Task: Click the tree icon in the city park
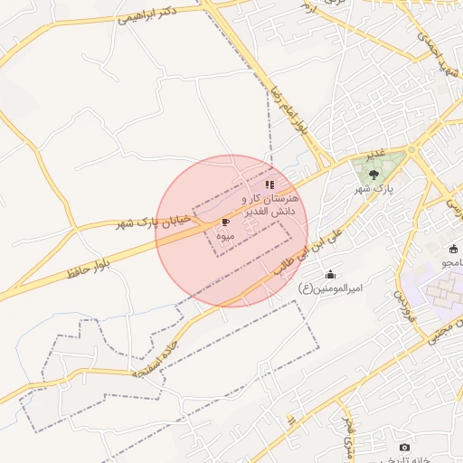pos(373,174)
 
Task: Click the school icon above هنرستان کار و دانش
pos(269,184)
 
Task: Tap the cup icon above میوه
pos(224,222)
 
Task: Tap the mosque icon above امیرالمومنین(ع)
pos(330,275)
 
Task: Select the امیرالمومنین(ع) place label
pos(330,288)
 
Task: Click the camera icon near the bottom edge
pos(403,447)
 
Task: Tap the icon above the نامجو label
pos(455,249)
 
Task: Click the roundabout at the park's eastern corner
pos(411,150)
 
